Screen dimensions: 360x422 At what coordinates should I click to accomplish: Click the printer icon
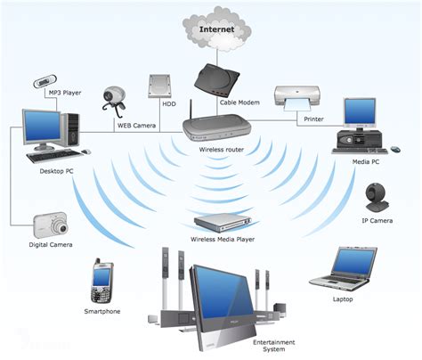point(295,99)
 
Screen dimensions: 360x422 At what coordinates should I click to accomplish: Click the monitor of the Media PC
point(360,112)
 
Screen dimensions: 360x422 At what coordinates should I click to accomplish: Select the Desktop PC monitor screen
point(42,127)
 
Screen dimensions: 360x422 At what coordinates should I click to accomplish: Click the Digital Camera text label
point(50,244)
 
